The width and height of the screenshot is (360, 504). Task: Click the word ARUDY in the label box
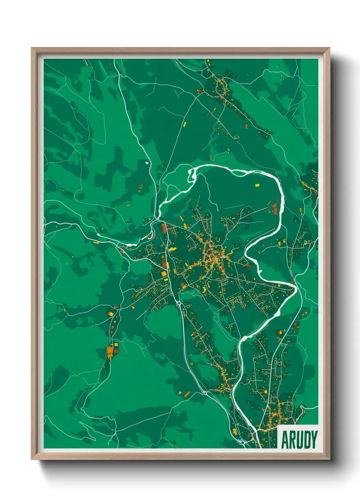tap(299, 440)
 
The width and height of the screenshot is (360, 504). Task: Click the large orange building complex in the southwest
tap(110, 351)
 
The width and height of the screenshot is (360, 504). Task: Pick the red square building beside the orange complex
tap(116, 351)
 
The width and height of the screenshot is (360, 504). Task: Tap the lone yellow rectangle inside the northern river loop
tap(257, 185)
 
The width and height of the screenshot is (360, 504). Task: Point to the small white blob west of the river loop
tap(147, 163)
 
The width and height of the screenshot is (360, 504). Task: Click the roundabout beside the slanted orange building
tap(204, 393)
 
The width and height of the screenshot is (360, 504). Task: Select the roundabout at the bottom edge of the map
tap(243, 443)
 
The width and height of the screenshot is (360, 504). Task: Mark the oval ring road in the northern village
tap(221, 88)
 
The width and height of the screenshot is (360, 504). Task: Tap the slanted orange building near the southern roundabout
tap(187, 394)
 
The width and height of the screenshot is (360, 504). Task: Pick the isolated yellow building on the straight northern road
tap(185, 124)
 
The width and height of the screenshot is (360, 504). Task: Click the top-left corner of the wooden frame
tap(32, 48)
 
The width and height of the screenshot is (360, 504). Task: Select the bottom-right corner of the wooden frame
tap(330, 459)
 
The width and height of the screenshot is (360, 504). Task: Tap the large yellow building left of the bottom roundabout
tap(234, 432)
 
